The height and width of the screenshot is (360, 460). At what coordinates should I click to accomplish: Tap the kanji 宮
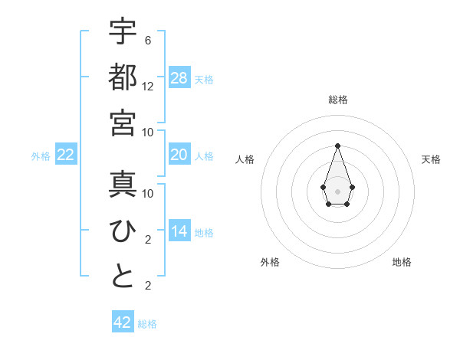[x=123, y=123]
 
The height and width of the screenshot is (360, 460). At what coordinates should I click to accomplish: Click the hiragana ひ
[x=123, y=231]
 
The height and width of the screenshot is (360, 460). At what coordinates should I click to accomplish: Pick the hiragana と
[x=123, y=277]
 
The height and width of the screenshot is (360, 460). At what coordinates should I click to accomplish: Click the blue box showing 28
[x=179, y=78]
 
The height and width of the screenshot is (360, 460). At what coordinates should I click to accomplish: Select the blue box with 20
[x=179, y=155]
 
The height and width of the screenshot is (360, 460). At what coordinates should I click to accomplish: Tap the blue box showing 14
[x=179, y=231]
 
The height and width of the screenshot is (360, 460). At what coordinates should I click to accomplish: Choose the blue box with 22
[x=66, y=155]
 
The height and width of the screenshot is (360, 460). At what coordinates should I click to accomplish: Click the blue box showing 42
[x=123, y=322]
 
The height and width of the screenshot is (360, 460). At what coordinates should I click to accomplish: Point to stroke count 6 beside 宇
[x=148, y=40]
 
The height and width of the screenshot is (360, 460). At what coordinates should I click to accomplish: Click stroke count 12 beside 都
[x=148, y=87]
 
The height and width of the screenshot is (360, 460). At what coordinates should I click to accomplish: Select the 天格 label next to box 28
[x=204, y=79]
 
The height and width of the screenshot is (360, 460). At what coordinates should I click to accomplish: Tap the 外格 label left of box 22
[x=41, y=156]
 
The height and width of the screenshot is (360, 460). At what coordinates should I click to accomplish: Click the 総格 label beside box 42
[x=147, y=324]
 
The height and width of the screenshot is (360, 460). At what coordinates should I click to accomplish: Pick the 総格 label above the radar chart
[x=337, y=100]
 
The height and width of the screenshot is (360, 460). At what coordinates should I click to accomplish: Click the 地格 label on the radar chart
[x=402, y=262]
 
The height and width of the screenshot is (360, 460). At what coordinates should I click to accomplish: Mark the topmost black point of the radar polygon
[x=337, y=146]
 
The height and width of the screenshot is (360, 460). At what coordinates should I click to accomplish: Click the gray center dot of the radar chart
[x=337, y=190]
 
